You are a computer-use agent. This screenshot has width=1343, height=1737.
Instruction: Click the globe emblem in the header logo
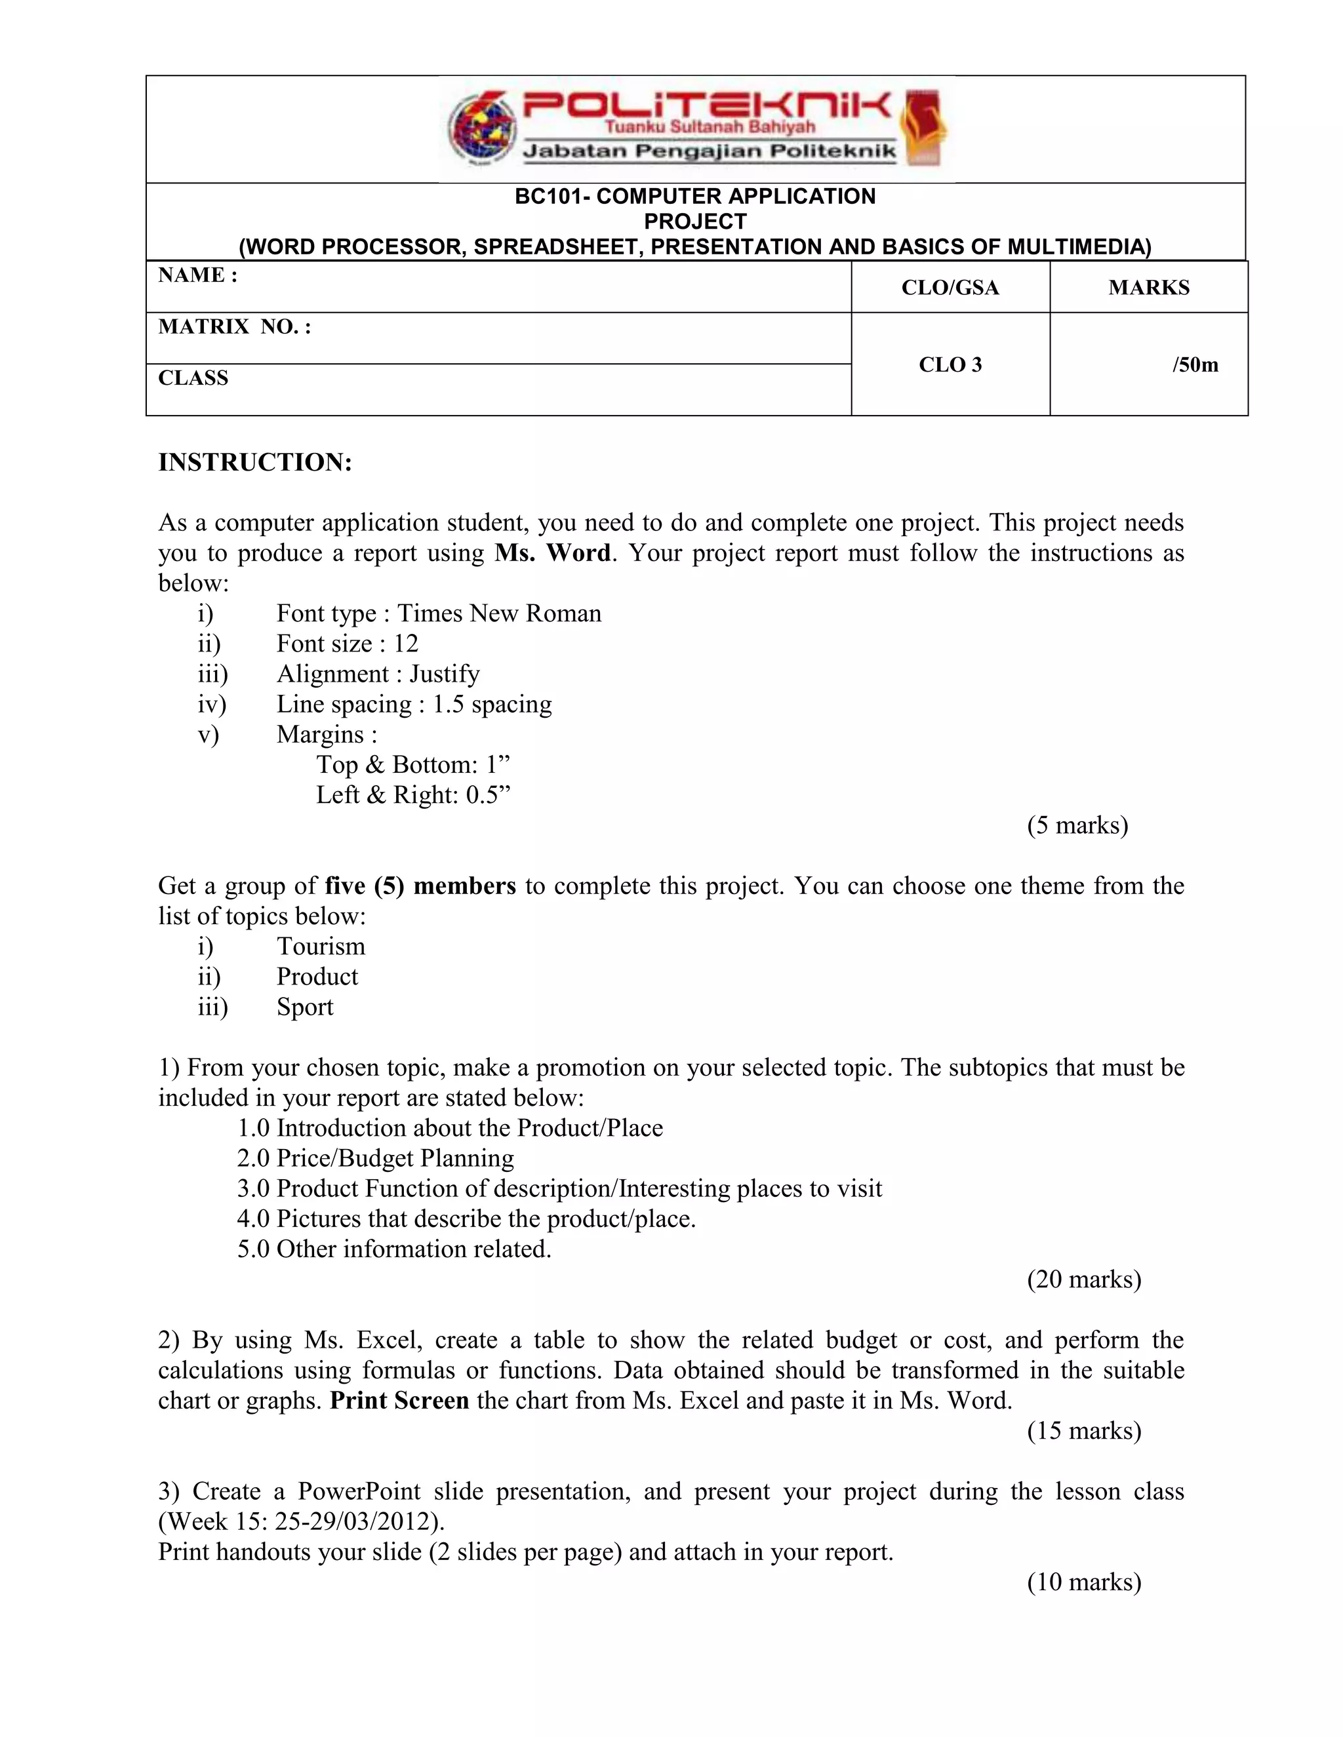(x=480, y=130)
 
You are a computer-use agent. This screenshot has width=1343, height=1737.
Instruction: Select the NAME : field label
(x=197, y=275)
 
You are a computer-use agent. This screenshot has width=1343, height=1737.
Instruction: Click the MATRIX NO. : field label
(x=234, y=327)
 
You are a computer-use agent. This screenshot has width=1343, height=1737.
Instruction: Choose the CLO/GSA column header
(x=950, y=288)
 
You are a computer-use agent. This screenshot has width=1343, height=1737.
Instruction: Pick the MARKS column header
(x=1148, y=288)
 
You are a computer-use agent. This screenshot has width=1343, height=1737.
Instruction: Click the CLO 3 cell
(x=950, y=365)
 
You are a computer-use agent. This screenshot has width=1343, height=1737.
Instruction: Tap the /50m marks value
(x=1194, y=365)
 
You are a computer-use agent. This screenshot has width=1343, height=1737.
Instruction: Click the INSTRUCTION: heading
(x=254, y=462)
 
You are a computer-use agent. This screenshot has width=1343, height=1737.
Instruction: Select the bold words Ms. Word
(x=552, y=553)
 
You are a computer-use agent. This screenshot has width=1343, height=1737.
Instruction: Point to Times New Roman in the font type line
(x=499, y=614)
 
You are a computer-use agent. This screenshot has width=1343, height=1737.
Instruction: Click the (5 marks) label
(x=1077, y=825)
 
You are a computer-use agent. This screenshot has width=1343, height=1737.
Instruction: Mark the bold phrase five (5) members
(x=420, y=886)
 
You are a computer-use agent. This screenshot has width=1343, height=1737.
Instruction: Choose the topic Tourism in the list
(x=321, y=947)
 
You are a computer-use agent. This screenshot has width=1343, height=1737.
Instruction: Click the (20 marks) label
(x=1083, y=1279)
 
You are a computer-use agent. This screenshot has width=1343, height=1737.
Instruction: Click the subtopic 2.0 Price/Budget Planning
(x=376, y=1158)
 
